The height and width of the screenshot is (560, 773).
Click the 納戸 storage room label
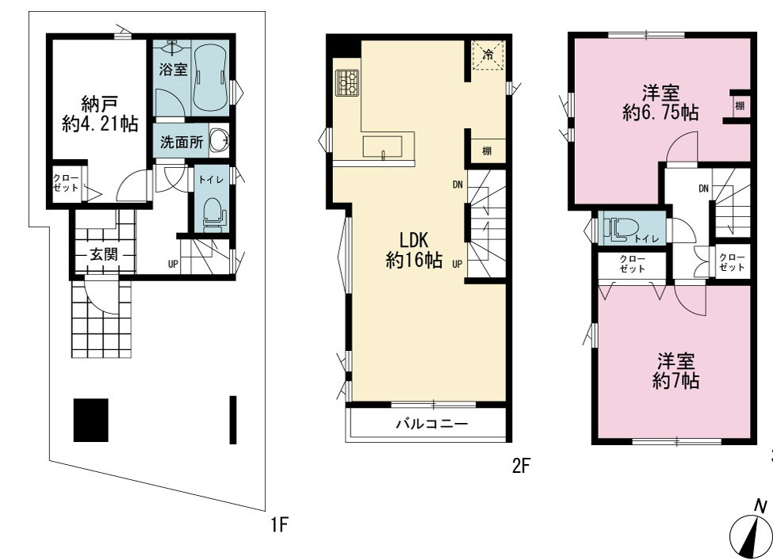click(100, 104)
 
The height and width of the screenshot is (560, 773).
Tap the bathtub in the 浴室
click(210, 78)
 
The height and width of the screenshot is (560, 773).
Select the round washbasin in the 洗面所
click(219, 140)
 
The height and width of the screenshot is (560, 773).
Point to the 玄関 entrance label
click(104, 254)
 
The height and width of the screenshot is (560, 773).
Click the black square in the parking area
click(90, 420)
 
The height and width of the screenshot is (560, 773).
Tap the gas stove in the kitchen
click(347, 82)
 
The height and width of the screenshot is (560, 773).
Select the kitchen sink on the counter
click(383, 147)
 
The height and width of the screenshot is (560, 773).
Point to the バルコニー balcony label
click(432, 424)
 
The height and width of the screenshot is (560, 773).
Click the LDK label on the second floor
click(414, 240)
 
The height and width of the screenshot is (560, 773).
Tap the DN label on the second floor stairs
click(457, 185)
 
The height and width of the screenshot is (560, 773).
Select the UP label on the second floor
click(457, 264)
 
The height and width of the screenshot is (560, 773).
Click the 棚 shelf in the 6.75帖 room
click(740, 106)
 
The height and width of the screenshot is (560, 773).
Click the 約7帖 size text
click(675, 381)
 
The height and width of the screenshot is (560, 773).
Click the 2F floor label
click(521, 465)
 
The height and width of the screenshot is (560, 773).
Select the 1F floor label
click(278, 524)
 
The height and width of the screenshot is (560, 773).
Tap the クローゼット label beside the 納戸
click(66, 183)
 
